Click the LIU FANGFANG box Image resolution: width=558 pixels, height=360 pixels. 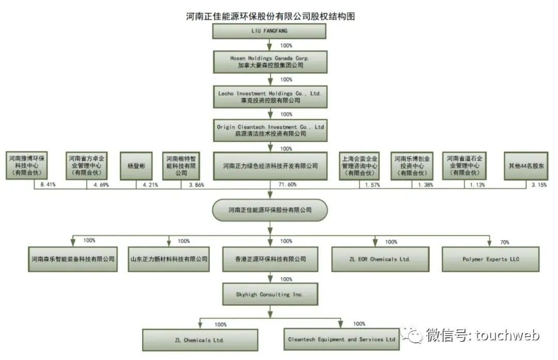tap(269, 31)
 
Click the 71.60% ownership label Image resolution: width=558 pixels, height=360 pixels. tap(287, 184)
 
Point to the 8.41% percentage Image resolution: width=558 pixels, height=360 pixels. tap(47, 184)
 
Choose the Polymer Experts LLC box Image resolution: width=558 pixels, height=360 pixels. tap(490, 259)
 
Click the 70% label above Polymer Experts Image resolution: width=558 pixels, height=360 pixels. tap(504, 242)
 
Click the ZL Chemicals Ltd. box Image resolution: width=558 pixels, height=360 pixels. tap(200, 339)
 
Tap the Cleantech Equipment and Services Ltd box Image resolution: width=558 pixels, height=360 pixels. tap(342, 339)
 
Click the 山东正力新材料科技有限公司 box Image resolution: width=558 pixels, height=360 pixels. tap(168, 259)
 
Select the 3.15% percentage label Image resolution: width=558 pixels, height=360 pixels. tap(539, 184)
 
